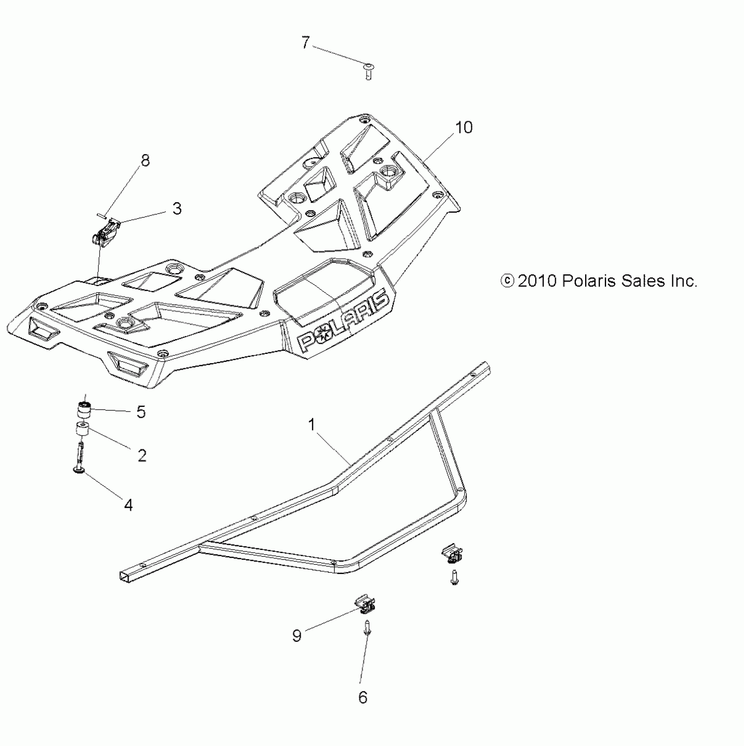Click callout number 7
tap(305, 43)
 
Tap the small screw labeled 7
tap(368, 70)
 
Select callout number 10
tap(464, 128)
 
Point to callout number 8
tap(145, 161)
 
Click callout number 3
tap(177, 209)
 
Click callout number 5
tap(141, 412)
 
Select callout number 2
tap(142, 455)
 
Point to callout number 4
tap(128, 505)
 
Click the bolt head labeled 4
tap(80, 469)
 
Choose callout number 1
tap(312, 424)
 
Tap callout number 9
tap(297, 635)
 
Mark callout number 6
tap(363, 697)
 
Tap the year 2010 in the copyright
tap(537, 281)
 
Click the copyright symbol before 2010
tap(507, 281)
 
